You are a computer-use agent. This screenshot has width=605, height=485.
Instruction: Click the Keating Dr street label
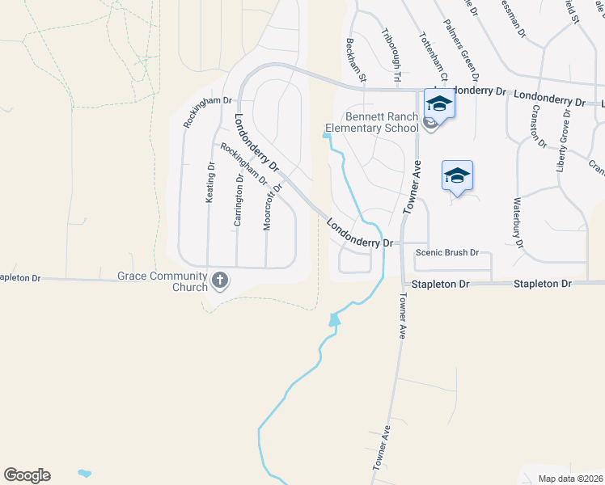[210, 183]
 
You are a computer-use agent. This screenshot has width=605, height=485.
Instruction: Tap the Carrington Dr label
[238, 200]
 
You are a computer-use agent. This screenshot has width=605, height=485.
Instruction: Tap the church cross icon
[219, 280]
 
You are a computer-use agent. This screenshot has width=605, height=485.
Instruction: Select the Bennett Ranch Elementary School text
[371, 122]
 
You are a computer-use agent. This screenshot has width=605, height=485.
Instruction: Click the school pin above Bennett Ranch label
[439, 103]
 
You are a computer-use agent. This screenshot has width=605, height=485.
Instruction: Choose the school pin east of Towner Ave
[457, 175]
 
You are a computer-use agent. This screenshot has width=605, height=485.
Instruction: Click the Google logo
[27, 475]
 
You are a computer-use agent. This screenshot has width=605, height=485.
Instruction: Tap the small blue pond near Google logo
[83, 471]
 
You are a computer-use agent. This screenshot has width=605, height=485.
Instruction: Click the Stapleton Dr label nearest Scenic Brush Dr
[441, 285]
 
